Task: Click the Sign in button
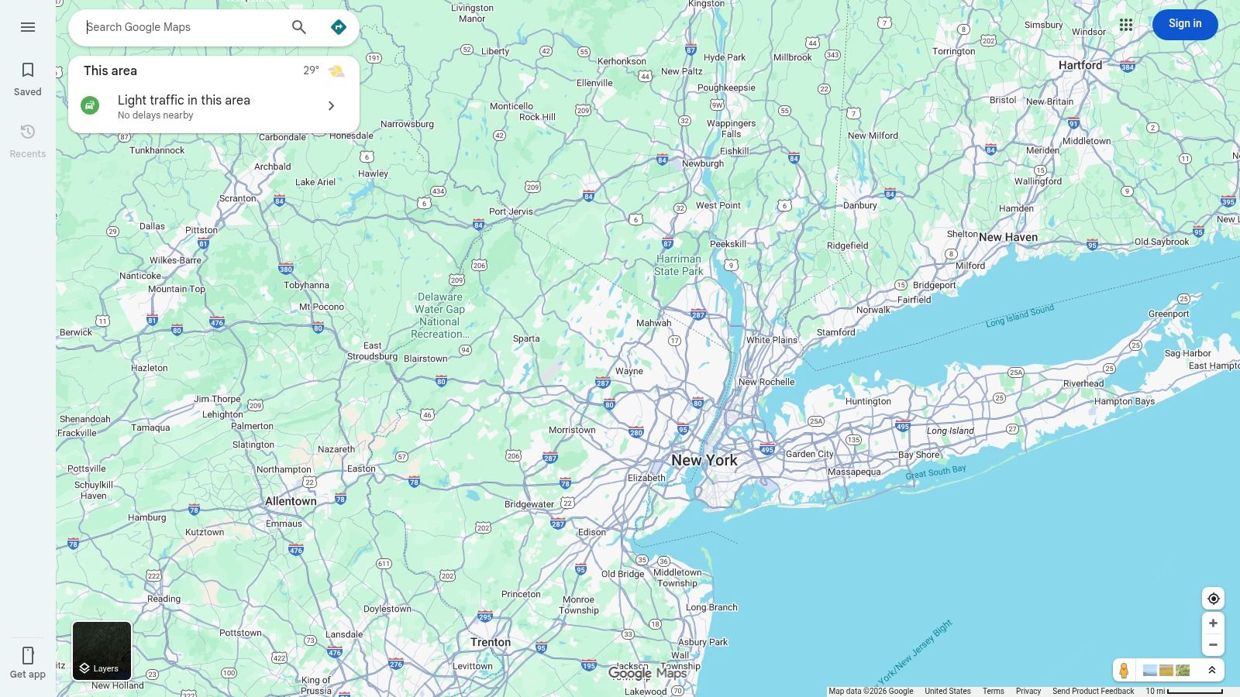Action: coord(1184,24)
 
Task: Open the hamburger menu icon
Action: coord(28,27)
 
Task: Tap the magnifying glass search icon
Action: coord(299,27)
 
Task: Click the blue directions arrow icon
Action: coord(339,27)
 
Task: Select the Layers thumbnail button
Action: coord(102,651)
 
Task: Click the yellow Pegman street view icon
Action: coord(1124,670)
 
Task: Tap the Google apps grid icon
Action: coord(1126,25)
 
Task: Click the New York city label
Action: coord(704,460)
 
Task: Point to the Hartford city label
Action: coord(1080,65)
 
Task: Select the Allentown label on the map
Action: coord(291,501)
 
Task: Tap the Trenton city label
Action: coord(491,642)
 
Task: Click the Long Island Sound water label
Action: coord(1019,315)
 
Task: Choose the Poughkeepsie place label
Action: coord(726,88)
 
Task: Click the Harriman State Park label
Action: coord(678,265)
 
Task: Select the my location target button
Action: coord(1213,599)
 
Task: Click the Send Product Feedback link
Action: coord(1093,691)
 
